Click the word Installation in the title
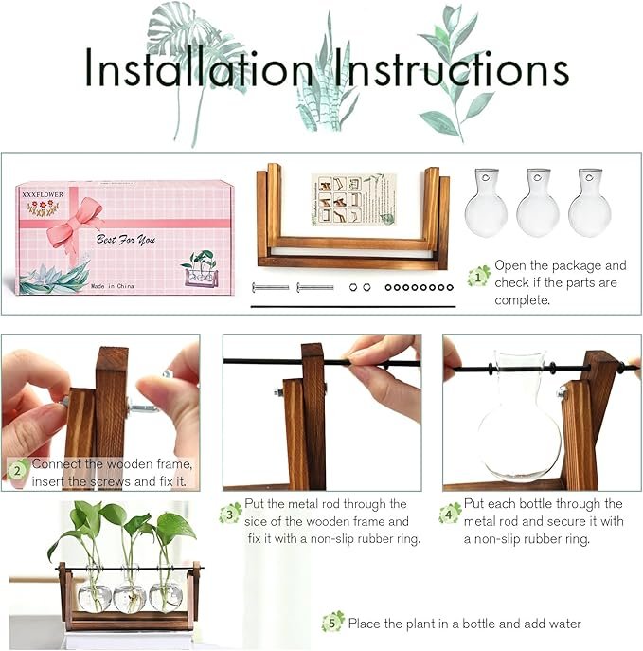point(197,68)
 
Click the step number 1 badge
point(480,276)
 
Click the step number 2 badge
point(18,468)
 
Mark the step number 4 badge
point(450,513)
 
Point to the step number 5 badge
point(332,622)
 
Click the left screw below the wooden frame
point(271,286)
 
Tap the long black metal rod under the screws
point(350,306)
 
